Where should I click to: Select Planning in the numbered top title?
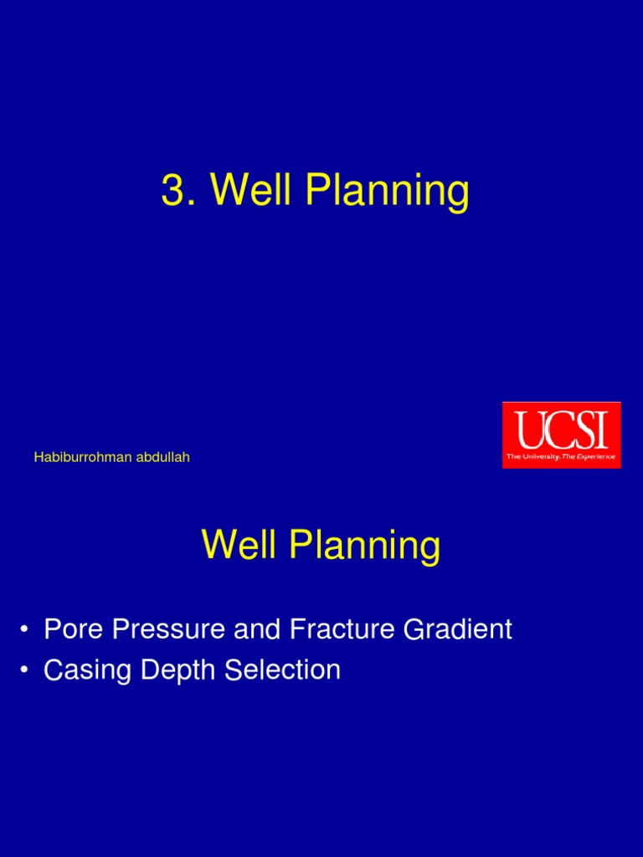pos(387,192)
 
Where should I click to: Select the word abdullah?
pos(163,457)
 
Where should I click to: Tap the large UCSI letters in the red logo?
pos(562,429)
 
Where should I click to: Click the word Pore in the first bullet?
pos(74,629)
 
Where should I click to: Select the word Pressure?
pos(168,629)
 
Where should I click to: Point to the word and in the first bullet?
pos(257,629)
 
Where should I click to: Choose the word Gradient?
pos(458,629)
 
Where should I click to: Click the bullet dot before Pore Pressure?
pos(23,629)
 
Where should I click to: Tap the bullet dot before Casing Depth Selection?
pos(23,670)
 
